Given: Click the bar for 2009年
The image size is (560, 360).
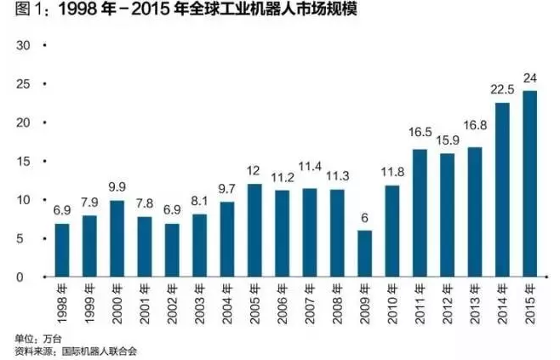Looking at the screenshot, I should pyautogui.click(x=364, y=254).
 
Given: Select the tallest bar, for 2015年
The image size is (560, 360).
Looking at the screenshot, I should pyautogui.click(x=529, y=184).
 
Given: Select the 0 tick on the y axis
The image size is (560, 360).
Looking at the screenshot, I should pyautogui.click(x=25, y=277).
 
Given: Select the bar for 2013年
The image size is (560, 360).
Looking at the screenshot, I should pyautogui.click(x=474, y=212).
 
